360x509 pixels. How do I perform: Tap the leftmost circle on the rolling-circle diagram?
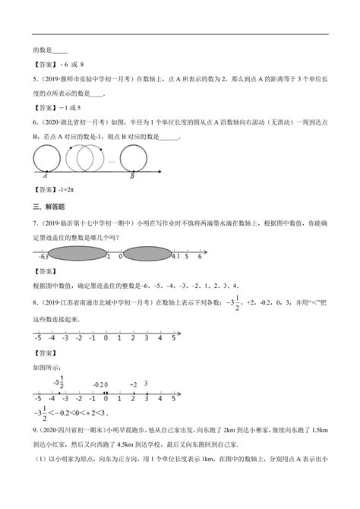(48, 157)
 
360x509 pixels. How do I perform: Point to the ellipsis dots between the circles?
(112, 160)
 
